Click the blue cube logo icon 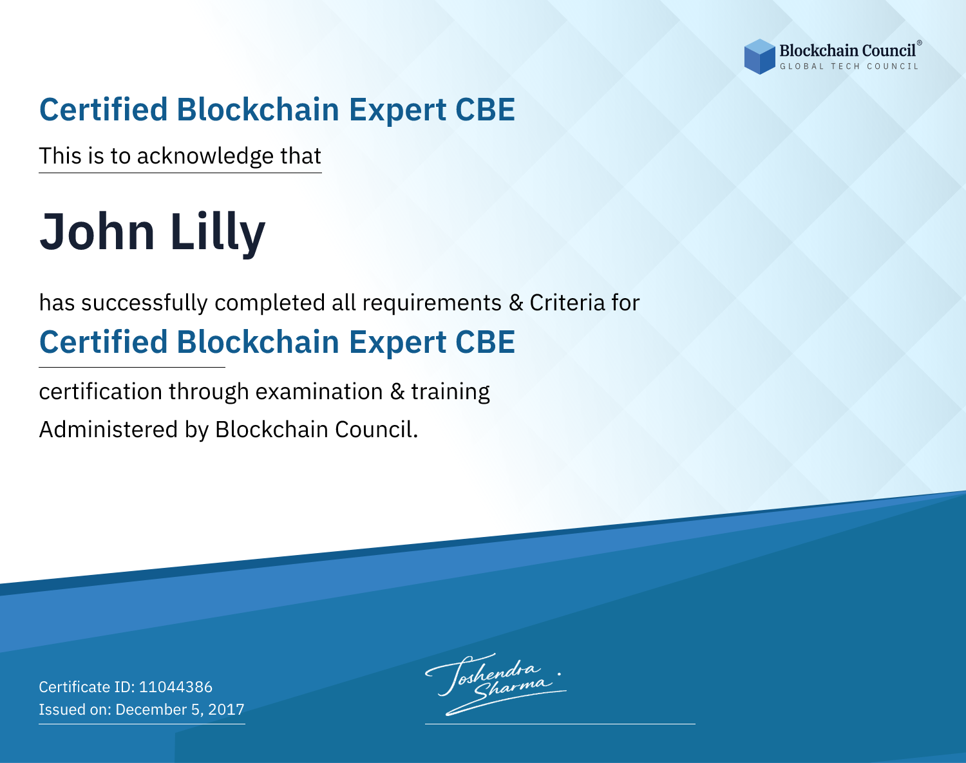point(759,57)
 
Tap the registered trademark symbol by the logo point(919,42)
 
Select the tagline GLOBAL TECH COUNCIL point(849,66)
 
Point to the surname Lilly point(218,234)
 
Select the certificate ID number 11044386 point(176,686)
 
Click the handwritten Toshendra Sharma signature point(495,684)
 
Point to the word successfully point(144,303)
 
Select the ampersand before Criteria point(516,303)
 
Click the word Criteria point(567,303)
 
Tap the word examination point(319,391)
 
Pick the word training point(450,392)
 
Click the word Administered point(109,429)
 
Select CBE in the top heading point(485,109)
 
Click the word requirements point(432,303)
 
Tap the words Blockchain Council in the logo point(848,50)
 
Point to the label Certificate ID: point(87,686)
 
